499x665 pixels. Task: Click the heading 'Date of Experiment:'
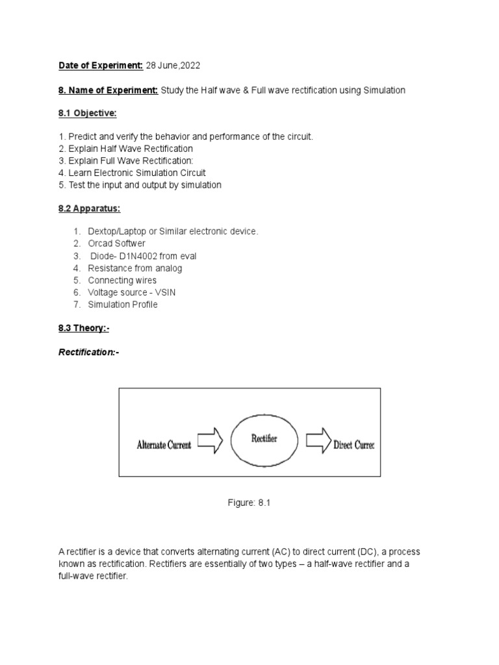101,66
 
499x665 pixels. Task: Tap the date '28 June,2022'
173,66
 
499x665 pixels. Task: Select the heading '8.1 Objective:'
87,114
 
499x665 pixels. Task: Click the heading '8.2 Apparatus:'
88,208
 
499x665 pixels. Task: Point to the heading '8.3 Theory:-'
84,329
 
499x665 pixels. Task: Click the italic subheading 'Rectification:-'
89,352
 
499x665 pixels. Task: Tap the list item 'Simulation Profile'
123,305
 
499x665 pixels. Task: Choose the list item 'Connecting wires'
122,280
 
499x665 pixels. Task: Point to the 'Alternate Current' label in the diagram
164,445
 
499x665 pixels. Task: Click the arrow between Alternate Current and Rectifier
210,442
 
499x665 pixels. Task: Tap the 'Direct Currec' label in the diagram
353,445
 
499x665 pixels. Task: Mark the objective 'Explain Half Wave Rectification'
125,149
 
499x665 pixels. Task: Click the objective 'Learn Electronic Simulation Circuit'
132,173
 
